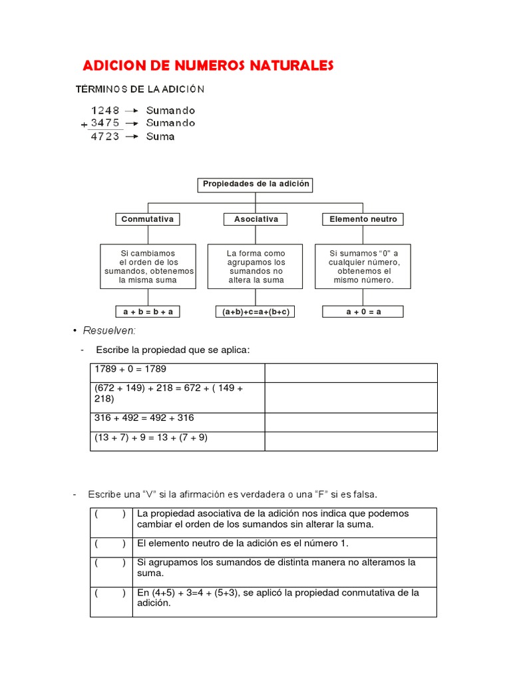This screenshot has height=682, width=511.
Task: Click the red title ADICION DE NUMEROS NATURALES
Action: click(x=208, y=65)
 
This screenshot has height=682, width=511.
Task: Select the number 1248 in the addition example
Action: click(x=105, y=111)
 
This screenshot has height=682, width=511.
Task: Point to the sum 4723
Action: click(x=105, y=137)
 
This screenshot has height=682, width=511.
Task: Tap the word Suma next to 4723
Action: click(x=160, y=137)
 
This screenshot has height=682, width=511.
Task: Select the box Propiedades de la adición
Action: click(x=256, y=184)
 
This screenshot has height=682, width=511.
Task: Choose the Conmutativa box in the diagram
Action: click(x=148, y=219)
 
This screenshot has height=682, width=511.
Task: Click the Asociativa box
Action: click(x=256, y=219)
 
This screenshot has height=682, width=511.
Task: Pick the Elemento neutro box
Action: click(x=363, y=219)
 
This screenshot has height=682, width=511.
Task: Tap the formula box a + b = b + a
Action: click(x=148, y=312)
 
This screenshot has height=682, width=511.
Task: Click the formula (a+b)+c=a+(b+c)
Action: click(x=256, y=312)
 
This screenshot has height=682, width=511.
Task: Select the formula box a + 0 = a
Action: click(x=363, y=312)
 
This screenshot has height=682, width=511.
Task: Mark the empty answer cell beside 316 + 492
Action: click(x=351, y=422)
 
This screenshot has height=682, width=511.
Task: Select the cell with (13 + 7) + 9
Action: click(x=177, y=441)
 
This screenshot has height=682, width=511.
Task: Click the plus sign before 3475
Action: click(x=84, y=125)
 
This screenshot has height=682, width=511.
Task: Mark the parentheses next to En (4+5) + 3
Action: click(x=110, y=593)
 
